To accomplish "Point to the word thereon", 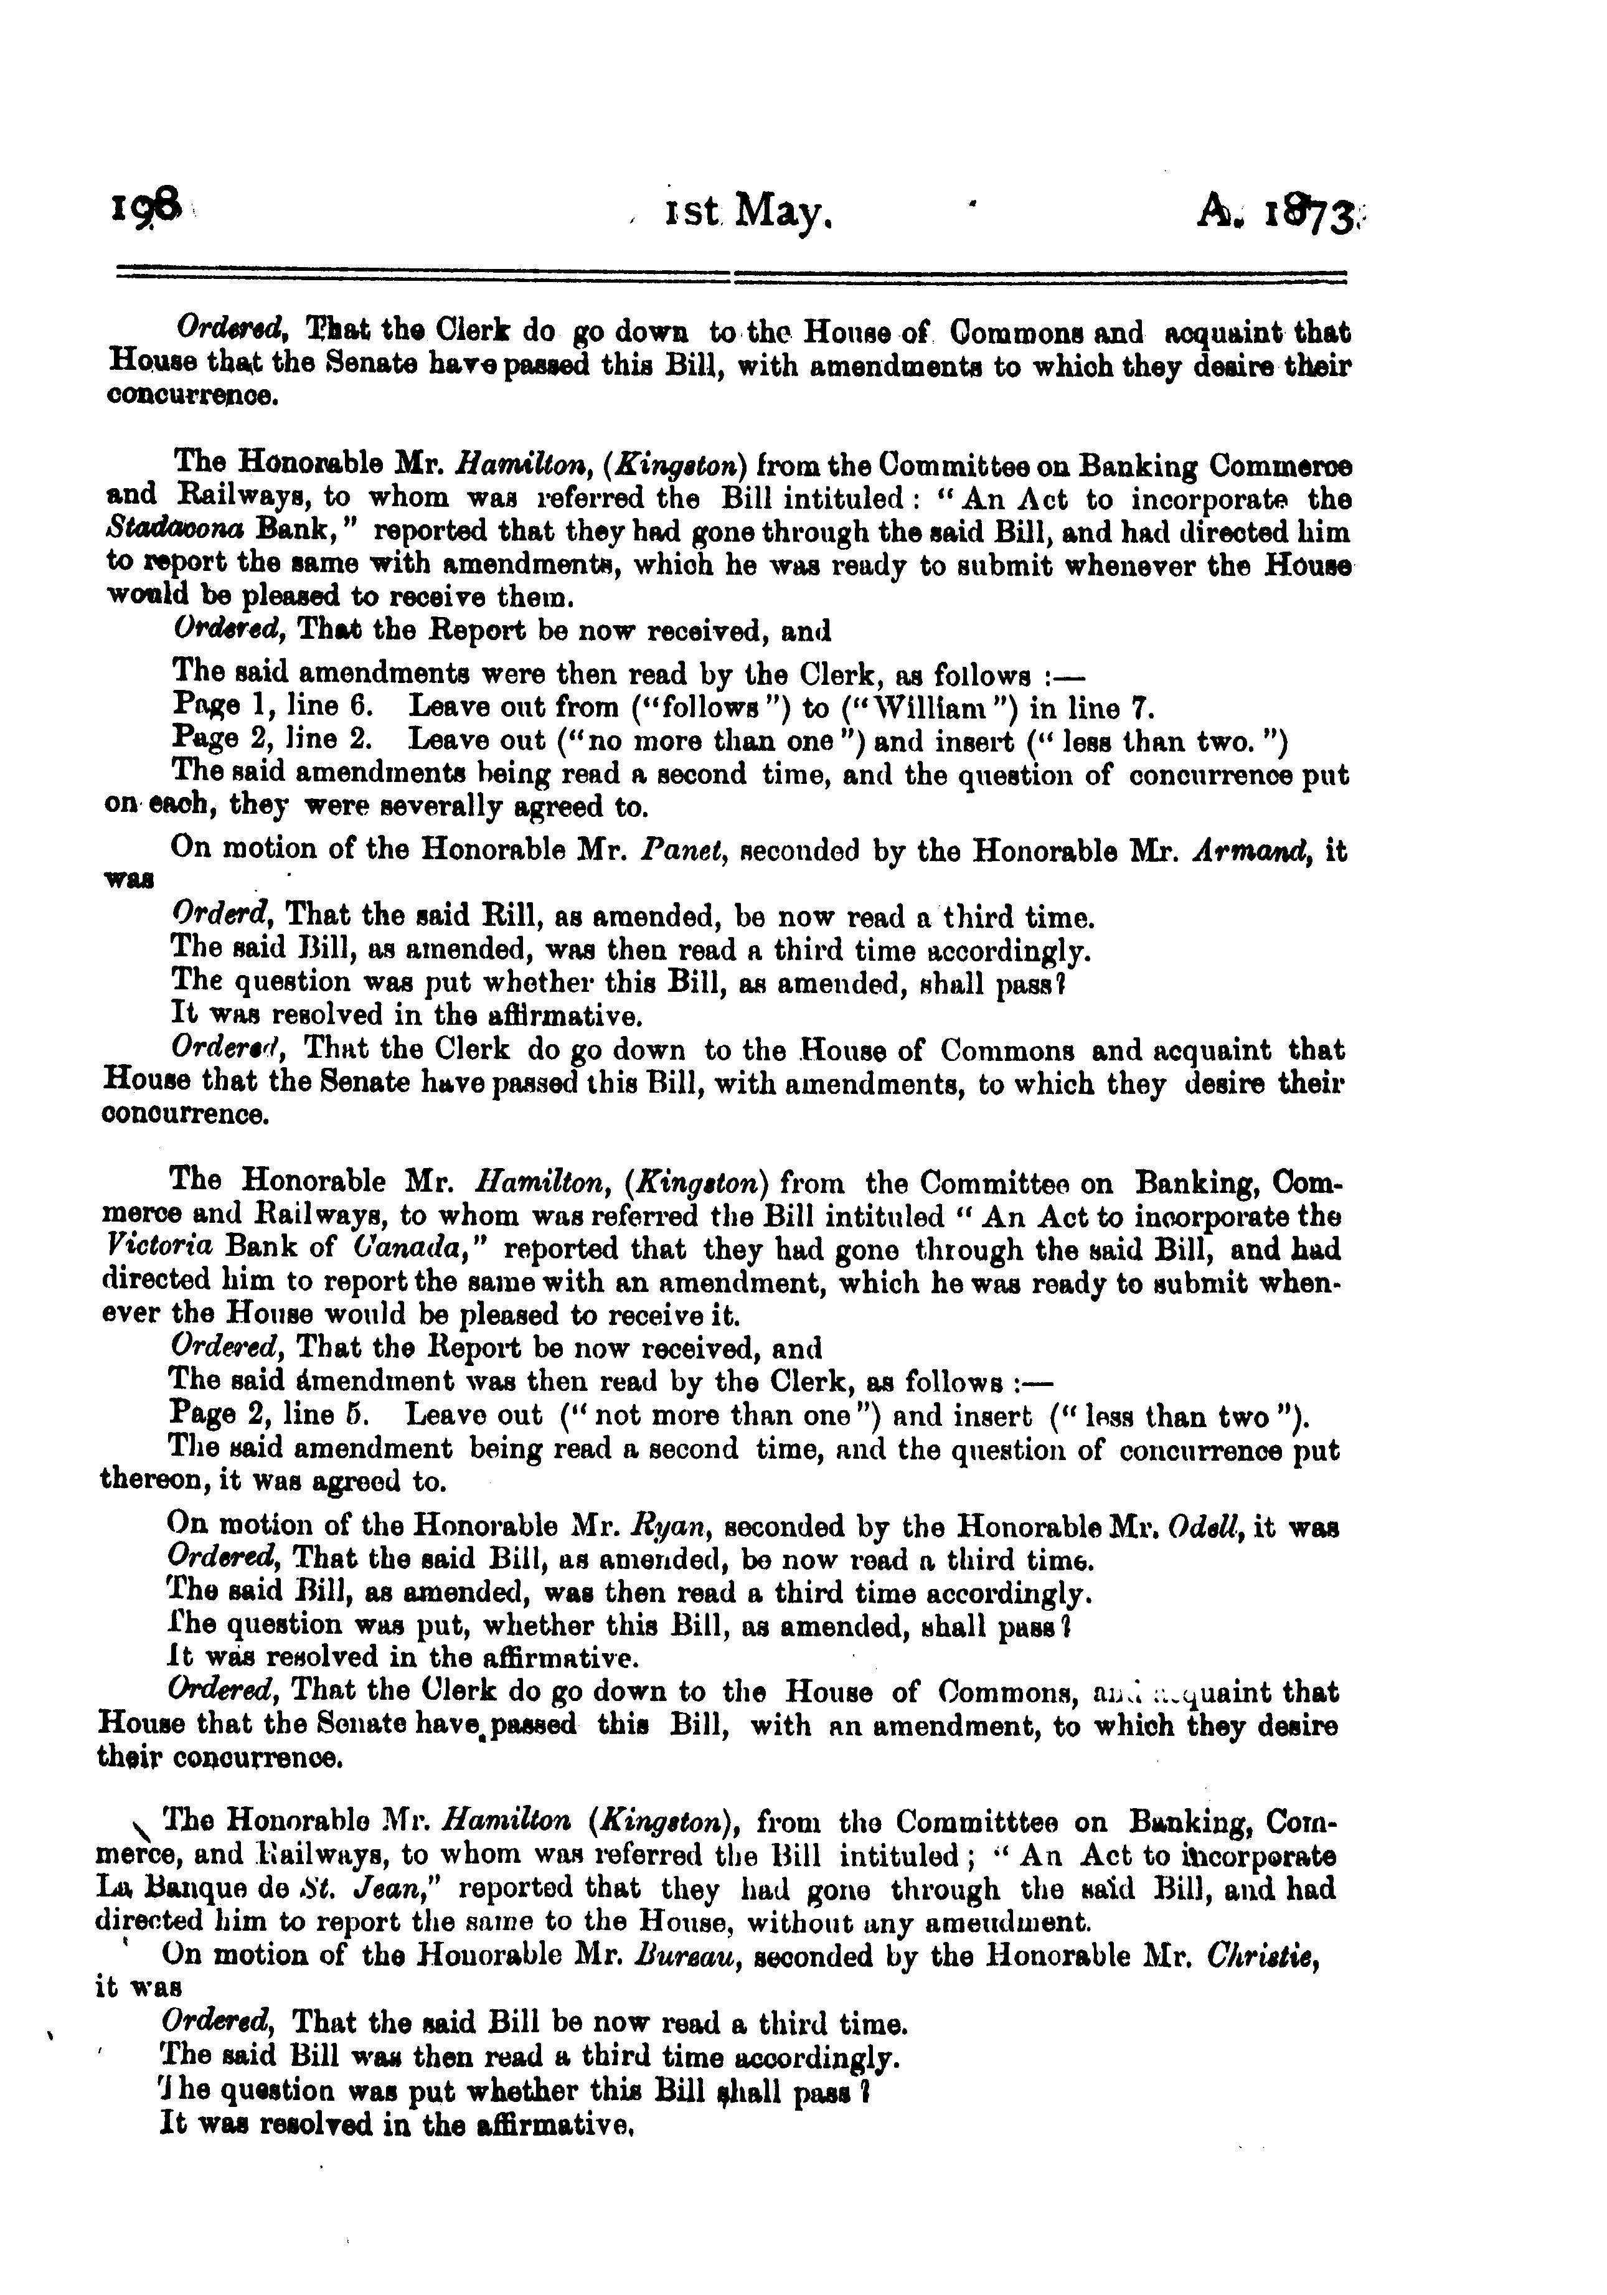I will [146, 1481].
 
